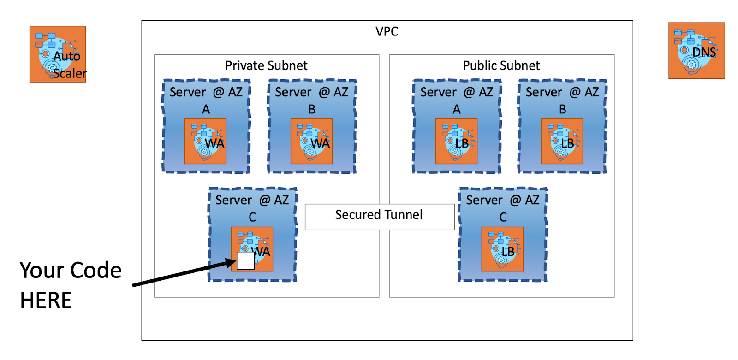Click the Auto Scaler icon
[58, 54]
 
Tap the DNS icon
[696, 51]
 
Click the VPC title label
[387, 31]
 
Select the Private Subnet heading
[266, 65]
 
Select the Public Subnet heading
[501, 65]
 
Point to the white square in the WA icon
[245, 261]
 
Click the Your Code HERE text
[70, 285]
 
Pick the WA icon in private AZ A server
[205, 141]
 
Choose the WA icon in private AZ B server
[311, 141]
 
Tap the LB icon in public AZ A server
[456, 141]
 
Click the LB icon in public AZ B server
[562, 141]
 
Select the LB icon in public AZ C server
[502, 249]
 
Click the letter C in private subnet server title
[252, 217]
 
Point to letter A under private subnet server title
[206, 109]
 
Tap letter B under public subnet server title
[563, 109]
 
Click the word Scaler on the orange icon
[70, 73]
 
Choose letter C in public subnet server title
[503, 217]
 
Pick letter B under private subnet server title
[312, 109]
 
